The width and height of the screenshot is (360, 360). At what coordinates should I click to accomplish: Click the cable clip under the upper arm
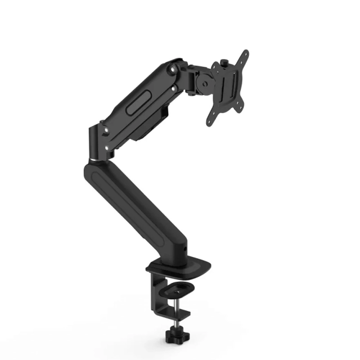163,115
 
